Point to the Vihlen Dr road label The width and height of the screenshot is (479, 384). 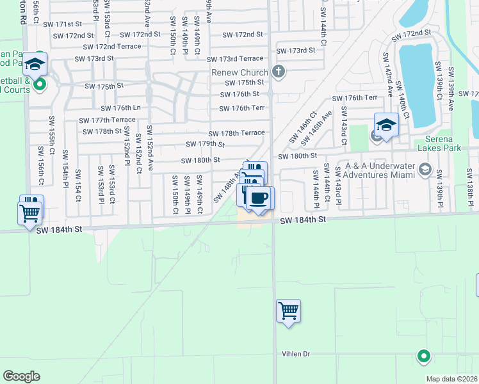coord(296,354)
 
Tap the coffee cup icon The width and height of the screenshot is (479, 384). coord(259,198)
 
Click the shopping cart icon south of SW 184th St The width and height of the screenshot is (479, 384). coord(288,311)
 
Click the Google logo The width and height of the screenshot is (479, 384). coord(21,376)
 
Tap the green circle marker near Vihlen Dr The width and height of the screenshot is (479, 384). coord(423,356)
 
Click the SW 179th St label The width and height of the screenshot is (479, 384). coord(204,144)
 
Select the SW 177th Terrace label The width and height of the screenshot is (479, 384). coord(107,120)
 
